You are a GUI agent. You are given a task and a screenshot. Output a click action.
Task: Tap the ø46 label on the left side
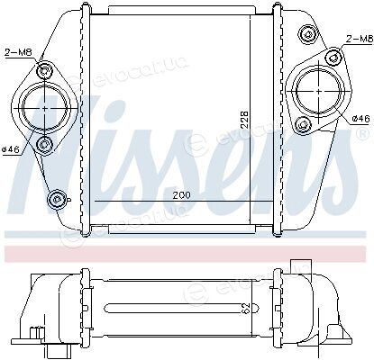click(11, 149)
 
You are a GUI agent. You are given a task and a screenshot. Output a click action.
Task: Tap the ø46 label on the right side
click(360, 119)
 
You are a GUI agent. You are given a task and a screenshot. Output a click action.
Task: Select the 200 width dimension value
click(181, 195)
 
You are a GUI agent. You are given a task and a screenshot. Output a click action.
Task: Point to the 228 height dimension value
click(245, 120)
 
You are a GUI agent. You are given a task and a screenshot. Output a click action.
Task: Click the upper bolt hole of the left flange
click(45, 71)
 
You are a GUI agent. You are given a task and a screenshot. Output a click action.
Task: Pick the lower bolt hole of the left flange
click(45, 145)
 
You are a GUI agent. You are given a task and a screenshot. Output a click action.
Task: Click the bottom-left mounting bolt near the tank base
click(56, 199)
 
